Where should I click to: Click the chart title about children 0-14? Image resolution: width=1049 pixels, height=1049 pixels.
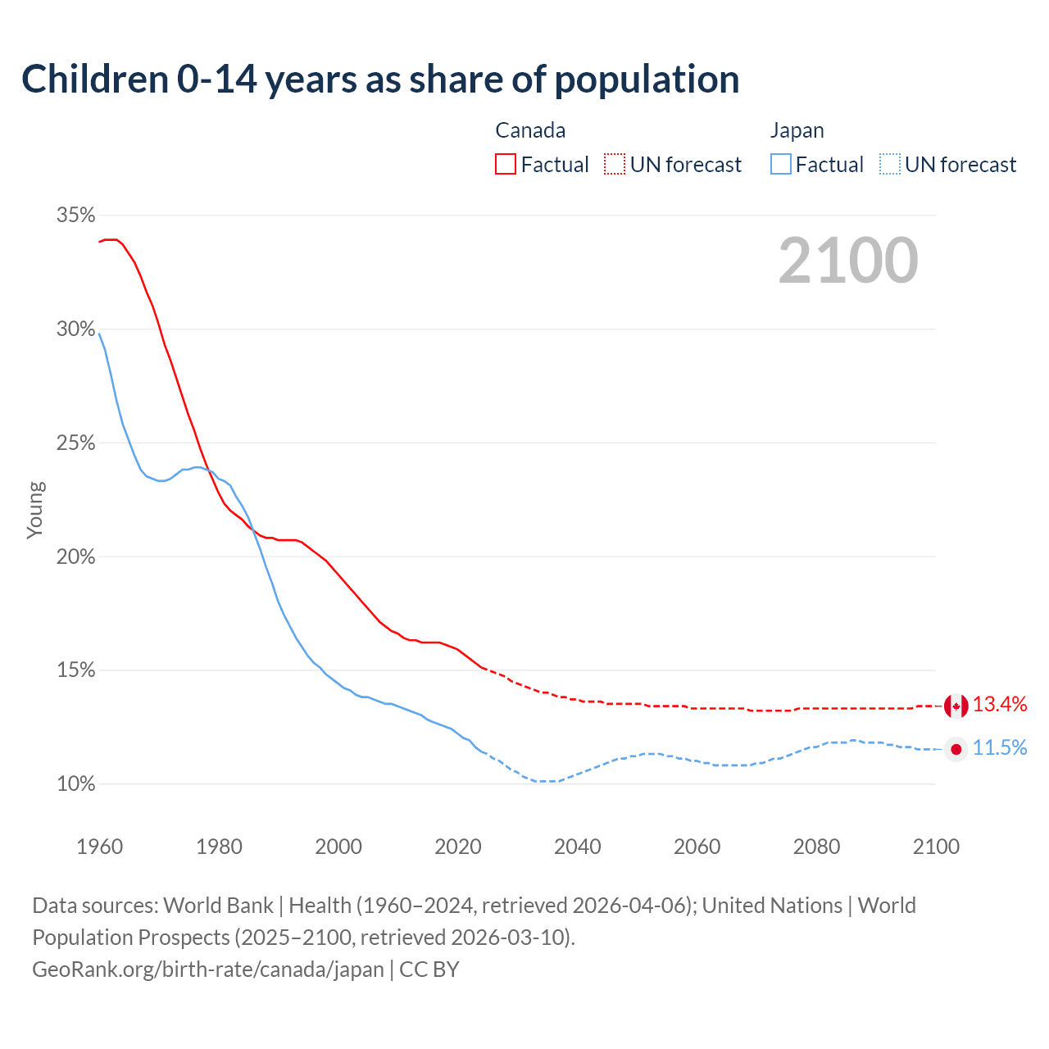coord(380,79)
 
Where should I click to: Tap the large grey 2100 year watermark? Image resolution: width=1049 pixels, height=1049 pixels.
coord(848,261)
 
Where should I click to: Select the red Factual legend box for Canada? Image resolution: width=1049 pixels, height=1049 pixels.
coord(506,165)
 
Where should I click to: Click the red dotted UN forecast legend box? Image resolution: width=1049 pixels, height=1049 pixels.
coord(615,165)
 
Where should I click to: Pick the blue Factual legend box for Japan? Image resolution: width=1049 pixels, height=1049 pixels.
coord(780,165)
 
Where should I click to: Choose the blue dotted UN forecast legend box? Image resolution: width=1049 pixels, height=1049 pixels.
coord(889,165)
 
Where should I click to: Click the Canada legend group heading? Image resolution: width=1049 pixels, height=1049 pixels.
coord(530,130)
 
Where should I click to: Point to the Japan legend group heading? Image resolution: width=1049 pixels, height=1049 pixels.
coord(797,130)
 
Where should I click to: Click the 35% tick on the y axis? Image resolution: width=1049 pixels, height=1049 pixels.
coord(75,216)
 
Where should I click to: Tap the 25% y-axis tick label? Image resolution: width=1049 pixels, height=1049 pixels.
coord(75,443)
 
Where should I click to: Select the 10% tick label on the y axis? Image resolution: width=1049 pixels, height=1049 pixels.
coord(75,784)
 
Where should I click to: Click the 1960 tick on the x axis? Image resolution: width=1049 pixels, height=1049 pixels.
coord(99,847)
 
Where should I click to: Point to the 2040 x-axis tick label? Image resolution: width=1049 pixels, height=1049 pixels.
coord(577,847)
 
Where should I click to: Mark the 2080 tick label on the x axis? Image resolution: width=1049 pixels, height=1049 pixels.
coord(816,847)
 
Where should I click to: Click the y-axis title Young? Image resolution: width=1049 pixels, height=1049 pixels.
coord(35,510)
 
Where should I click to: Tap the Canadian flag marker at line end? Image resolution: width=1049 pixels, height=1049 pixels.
coord(956,706)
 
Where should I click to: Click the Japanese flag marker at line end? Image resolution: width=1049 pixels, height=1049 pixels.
coord(956,749)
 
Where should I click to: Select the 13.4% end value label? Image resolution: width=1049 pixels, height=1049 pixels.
coord(1000,704)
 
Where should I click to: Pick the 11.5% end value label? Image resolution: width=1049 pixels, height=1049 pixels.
coord(1000,747)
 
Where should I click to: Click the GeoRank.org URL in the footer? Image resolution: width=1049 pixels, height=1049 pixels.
coord(208,970)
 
